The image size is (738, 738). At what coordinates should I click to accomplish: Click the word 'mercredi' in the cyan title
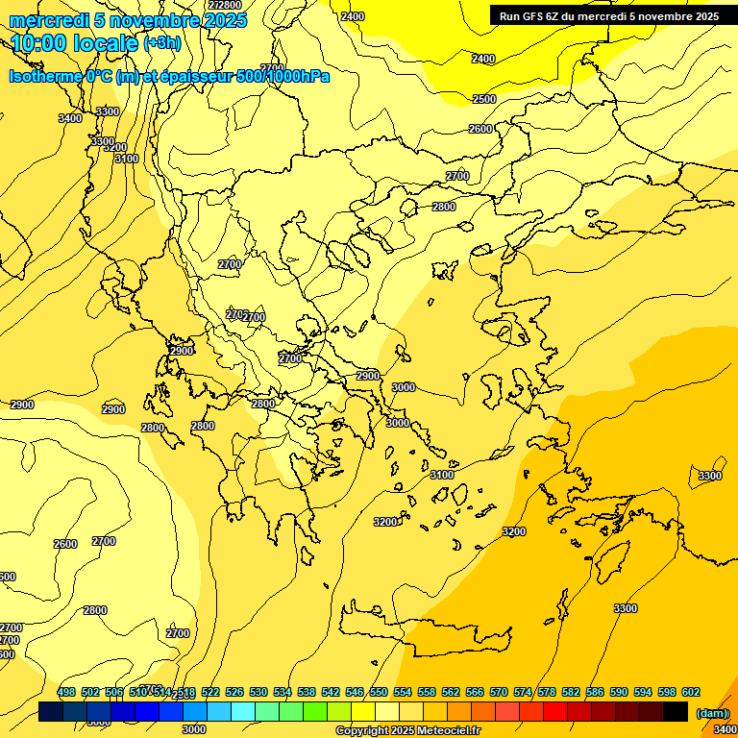[x=49, y=21]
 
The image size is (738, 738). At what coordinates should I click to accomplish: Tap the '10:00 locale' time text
[x=75, y=43]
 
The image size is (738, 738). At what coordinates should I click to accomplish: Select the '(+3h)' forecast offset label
[x=161, y=43]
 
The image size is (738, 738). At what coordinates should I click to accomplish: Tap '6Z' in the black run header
[x=556, y=16]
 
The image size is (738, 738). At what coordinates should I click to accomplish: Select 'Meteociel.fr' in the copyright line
[x=450, y=731]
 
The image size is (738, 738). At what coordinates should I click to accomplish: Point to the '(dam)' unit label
[x=712, y=713]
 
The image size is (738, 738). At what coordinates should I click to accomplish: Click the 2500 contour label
[x=484, y=99]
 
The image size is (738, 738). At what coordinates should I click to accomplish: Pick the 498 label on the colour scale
[x=66, y=693]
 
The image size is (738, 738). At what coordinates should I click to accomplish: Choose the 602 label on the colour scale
[x=690, y=693]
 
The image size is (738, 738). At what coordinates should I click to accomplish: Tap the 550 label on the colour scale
[x=379, y=693]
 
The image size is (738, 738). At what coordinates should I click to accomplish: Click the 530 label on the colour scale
[x=258, y=693]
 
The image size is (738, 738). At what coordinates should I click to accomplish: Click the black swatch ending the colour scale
[x=676, y=712]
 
